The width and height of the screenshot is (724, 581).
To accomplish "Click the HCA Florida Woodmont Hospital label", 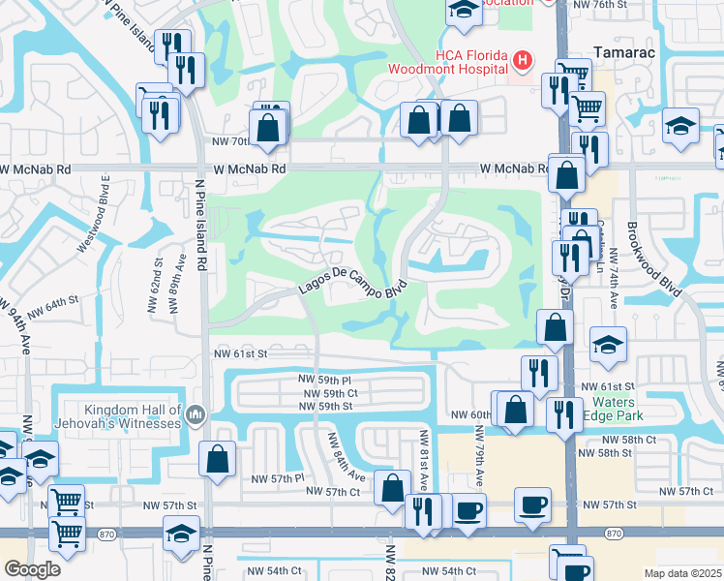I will click(x=446, y=62).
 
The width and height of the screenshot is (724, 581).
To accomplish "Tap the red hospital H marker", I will click(x=523, y=62).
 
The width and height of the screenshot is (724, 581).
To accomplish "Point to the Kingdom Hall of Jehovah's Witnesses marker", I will click(x=196, y=416).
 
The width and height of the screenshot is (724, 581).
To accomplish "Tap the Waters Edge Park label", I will click(x=614, y=409).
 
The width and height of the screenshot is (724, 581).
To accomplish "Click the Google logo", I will click(x=32, y=569).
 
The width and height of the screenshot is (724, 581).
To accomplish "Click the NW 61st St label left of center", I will click(x=239, y=355).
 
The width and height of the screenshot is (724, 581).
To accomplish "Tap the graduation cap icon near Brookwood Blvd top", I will click(x=680, y=127).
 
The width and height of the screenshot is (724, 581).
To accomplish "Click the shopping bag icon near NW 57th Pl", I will click(x=217, y=457).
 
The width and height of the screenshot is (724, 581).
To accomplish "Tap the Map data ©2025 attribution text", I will click(x=682, y=573).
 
